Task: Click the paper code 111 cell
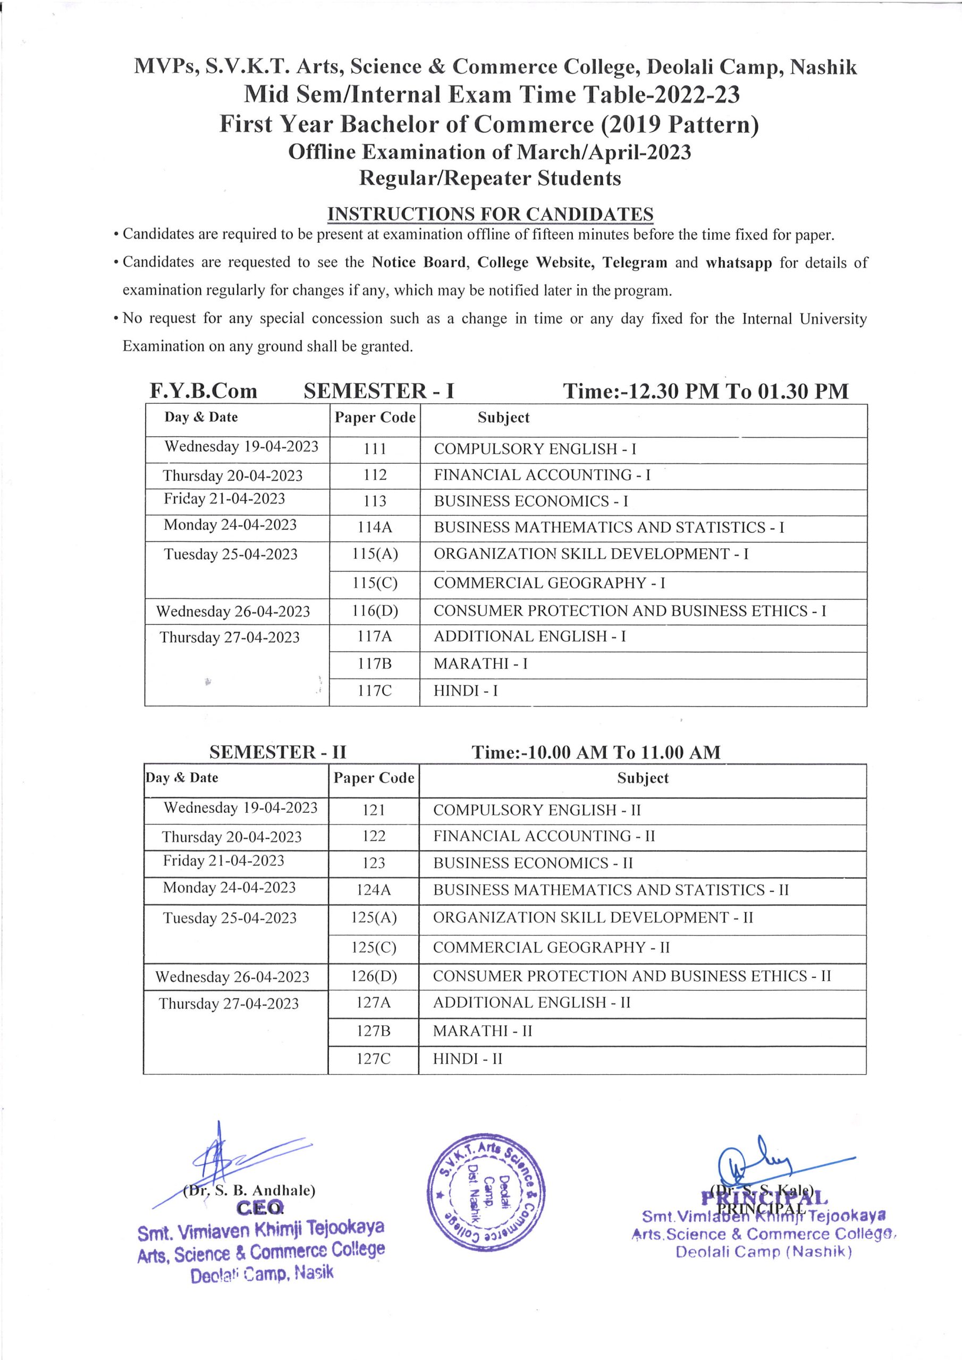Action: coord(375,449)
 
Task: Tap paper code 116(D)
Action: coord(375,611)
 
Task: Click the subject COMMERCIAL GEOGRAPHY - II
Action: coord(551,947)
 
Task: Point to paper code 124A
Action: coord(374,890)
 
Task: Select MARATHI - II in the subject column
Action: coord(482,1031)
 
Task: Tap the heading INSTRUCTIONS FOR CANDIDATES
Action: coord(490,214)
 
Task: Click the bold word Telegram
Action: coord(635,262)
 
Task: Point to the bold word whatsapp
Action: coord(739,262)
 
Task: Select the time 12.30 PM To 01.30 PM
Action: coord(705,392)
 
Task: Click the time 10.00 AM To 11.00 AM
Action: coord(596,752)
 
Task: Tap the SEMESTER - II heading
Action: coord(277,752)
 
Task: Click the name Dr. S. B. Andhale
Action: coord(250,1190)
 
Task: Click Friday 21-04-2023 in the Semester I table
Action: coord(224,499)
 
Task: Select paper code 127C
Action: coord(374,1058)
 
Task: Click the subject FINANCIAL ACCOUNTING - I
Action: coord(542,475)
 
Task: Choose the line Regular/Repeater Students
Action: coord(490,178)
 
